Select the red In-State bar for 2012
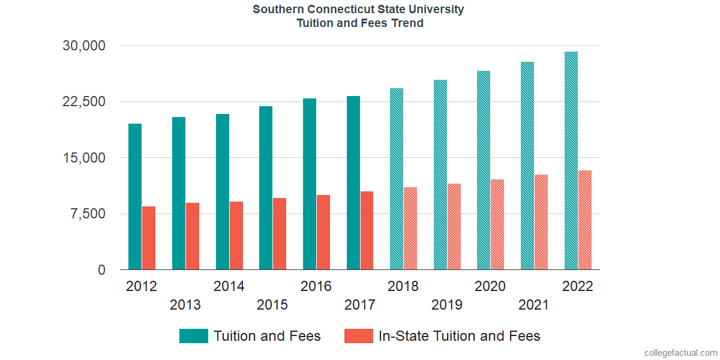[x=149, y=238]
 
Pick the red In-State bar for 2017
[x=367, y=230]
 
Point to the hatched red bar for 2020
[x=497, y=224]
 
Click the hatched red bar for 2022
[x=585, y=220]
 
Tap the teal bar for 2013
[x=179, y=193]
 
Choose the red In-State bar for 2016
[x=323, y=232]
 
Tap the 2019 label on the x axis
[x=447, y=305]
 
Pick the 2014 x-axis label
[x=229, y=286]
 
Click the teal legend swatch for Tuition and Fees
[x=194, y=336]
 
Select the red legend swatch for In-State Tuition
[x=359, y=336]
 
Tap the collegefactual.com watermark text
[x=680, y=352]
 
